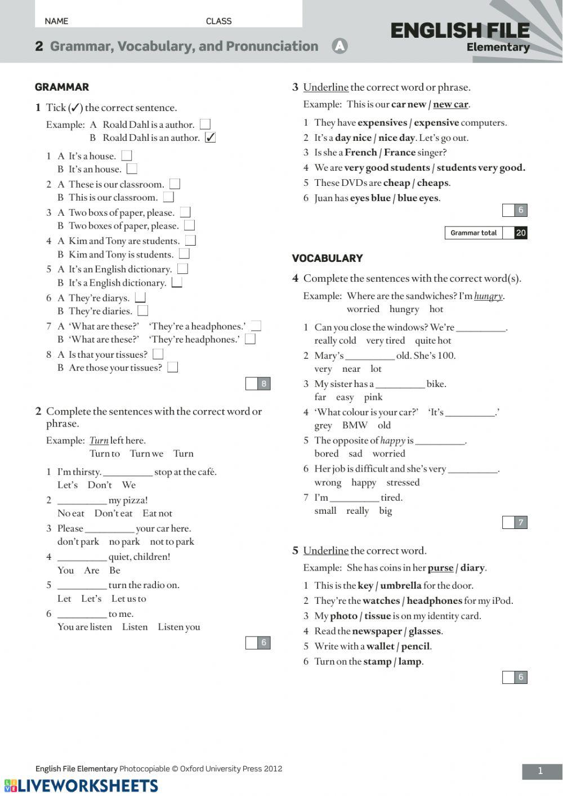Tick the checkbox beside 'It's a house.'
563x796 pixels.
(127, 155)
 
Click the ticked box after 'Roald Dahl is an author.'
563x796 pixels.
(210, 137)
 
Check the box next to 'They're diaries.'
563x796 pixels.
(143, 310)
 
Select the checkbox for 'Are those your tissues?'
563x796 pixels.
(173, 367)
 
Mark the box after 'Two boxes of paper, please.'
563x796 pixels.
(190, 225)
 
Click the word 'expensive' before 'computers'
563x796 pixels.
(436, 122)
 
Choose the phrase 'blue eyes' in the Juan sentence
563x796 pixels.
(418, 198)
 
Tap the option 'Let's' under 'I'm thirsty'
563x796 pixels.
(68, 485)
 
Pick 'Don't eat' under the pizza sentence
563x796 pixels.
(113, 513)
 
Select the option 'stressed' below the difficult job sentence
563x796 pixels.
(403, 482)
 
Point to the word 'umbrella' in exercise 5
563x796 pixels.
(400, 585)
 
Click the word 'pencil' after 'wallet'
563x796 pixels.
(415, 646)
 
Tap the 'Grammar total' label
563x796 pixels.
(473, 233)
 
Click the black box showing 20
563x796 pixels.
(521, 233)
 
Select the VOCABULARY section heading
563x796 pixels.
(327, 258)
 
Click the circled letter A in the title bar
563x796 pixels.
(339, 46)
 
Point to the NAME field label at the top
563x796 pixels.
(56, 21)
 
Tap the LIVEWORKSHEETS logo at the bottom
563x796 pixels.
(82, 786)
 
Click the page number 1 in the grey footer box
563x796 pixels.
(540, 771)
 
